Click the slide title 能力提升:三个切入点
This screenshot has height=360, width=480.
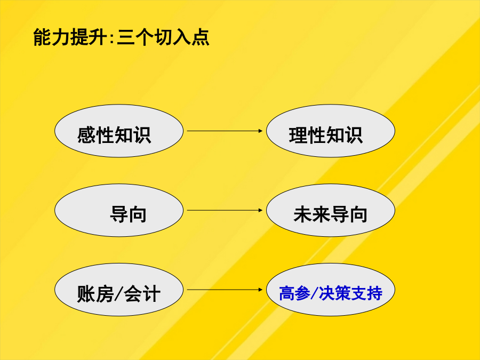coord(121,37)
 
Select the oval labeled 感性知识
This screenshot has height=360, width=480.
coord(119,131)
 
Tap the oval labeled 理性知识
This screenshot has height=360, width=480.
coord(331,131)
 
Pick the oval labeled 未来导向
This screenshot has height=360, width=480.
coord(331,210)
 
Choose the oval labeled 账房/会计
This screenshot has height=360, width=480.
coord(119,290)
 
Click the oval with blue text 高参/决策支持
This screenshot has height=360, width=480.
coord(331,290)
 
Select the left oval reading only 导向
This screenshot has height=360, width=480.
coord(119,210)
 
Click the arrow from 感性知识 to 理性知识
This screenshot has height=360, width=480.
coord(225,131)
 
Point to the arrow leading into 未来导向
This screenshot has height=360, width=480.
coord(225,210)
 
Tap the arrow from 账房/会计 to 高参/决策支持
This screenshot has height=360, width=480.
coord(225,290)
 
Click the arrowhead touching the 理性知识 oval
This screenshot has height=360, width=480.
coord(260,131)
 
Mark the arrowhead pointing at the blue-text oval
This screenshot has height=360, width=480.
coord(260,290)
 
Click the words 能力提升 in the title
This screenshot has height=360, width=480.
coord(70,37)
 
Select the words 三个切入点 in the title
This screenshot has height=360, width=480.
coord(163,37)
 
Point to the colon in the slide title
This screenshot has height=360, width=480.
coord(111,38)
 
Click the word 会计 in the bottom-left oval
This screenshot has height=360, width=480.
coord(142,293)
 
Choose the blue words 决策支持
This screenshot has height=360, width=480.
coord(350,293)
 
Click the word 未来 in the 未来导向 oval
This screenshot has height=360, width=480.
coord(312,214)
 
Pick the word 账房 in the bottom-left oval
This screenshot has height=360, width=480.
coord(95,293)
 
